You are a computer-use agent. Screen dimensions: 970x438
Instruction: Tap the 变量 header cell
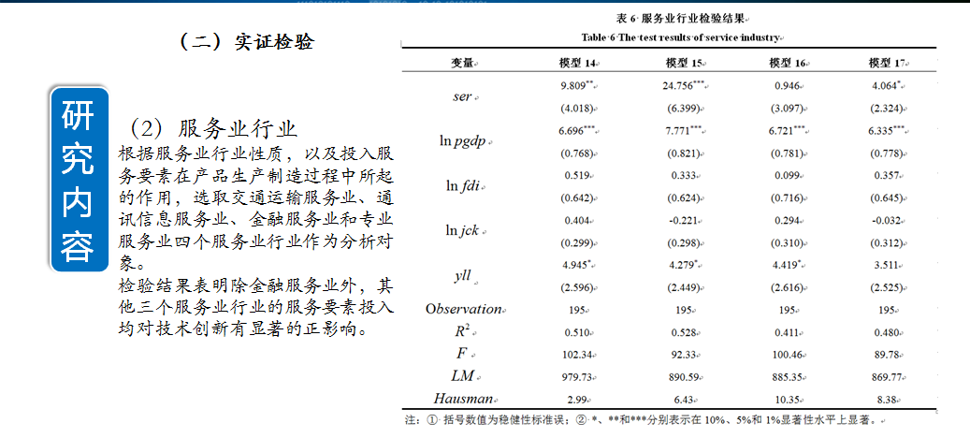(x=462, y=63)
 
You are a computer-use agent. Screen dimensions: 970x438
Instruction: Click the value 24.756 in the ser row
(x=682, y=86)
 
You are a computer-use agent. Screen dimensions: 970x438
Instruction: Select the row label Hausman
(x=462, y=399)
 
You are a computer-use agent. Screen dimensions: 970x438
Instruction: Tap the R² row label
(x=463, y=331)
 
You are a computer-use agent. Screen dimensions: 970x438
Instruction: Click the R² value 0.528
(x=684, y=331)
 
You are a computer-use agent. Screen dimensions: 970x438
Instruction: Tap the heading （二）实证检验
(x=246, y=42)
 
